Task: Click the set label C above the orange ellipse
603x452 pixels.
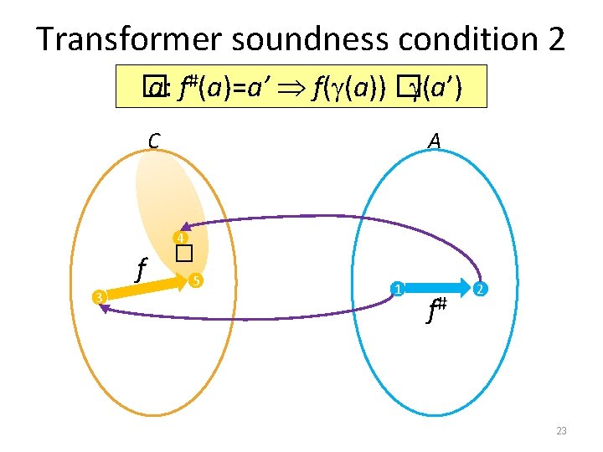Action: point(154,141)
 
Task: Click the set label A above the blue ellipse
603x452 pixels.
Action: point(434,141)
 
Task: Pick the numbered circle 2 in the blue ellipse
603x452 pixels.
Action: point(479,290)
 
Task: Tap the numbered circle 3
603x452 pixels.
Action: point(98,297)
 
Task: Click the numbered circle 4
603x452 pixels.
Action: point(178,237)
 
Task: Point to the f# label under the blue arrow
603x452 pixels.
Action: point(436,312)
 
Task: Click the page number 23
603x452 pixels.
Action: point(561,431)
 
